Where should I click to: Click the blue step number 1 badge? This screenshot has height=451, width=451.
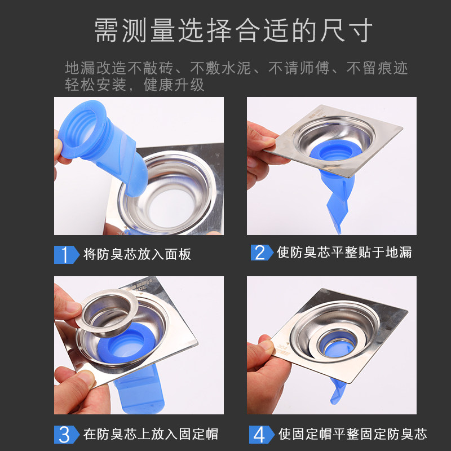tap(67, 255)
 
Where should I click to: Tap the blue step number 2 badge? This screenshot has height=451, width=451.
tap(262, 253)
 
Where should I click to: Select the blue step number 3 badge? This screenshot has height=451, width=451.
tap(67, 434)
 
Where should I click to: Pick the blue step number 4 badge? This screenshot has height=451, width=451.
tap(262, 434)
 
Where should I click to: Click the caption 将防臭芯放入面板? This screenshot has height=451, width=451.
tap(137, 254)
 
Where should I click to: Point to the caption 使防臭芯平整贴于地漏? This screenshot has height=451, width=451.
tap(344, 252)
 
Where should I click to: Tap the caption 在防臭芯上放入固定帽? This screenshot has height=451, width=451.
tap(151, 434)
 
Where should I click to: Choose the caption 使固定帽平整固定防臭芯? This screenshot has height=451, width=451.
tap(353, 434)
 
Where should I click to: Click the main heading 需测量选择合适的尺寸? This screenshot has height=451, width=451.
tap(233, 30)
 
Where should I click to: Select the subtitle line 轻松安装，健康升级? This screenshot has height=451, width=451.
tap(134, 85)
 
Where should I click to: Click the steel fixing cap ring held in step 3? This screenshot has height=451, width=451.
tap(107, 313)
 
